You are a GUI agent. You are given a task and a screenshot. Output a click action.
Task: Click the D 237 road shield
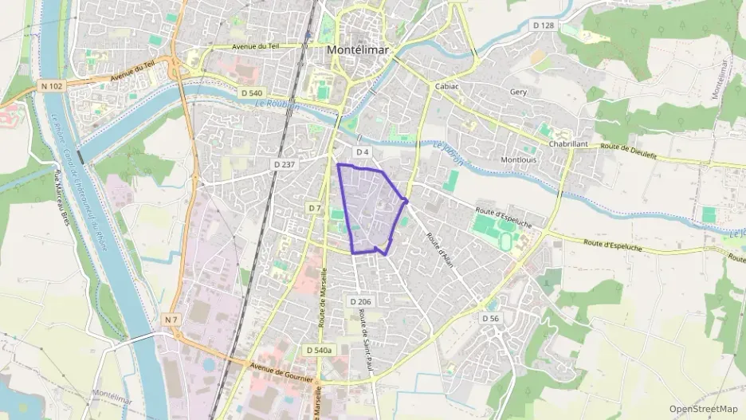284,164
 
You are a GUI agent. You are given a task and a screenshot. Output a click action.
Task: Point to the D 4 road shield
363,151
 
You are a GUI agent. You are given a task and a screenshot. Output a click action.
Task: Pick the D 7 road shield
315,208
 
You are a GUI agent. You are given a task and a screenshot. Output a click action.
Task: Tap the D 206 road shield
360,301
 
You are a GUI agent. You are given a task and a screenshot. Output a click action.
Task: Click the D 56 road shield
490,318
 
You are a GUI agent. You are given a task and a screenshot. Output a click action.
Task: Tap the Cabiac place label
447,85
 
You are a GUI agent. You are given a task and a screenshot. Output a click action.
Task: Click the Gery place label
518,92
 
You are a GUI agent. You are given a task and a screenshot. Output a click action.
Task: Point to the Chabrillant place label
568,144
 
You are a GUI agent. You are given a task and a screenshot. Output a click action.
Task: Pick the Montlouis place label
518,159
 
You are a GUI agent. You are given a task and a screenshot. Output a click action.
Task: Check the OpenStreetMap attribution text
703,409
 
